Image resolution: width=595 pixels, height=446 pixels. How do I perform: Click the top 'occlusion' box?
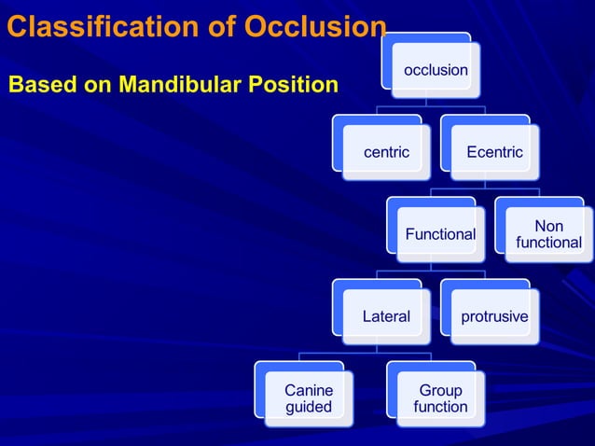[436, 70]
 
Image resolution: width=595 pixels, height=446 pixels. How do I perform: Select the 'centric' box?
[386, 152]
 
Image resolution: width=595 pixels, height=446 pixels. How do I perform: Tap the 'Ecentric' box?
[494, 152]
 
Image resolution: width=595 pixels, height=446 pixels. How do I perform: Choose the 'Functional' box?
[439, 234]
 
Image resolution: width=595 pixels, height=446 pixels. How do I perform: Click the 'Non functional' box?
[548, 234]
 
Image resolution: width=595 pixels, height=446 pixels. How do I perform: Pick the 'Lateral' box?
[386, 316]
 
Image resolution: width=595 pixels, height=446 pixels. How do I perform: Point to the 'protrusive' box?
[494, 316]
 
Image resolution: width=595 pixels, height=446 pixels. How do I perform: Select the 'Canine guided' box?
[309, 398]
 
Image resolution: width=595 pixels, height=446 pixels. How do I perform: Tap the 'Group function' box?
[440, 398]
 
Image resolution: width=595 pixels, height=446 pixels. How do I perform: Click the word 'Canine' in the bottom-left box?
[309, 390]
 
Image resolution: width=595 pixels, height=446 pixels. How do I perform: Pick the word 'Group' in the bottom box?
[440, 390]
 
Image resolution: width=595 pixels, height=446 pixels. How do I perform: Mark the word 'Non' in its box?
[548, 226]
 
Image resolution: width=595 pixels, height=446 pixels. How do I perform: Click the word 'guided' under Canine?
[309, 407]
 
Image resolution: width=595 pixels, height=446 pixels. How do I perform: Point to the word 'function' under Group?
[440, 407]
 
